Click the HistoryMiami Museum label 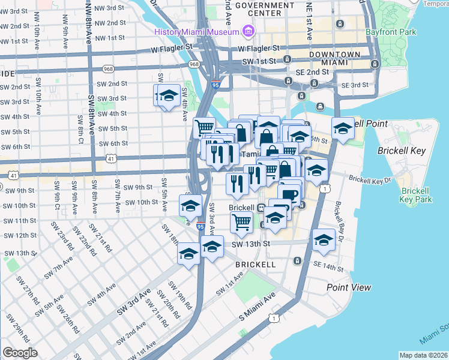coord(197,31)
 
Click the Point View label coord(349,287)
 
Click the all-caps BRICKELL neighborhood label coord(255,264)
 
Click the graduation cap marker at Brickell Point coord(343,129)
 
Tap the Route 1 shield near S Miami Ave coord(274,317)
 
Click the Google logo coord(20,352)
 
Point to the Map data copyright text coord(423,355)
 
